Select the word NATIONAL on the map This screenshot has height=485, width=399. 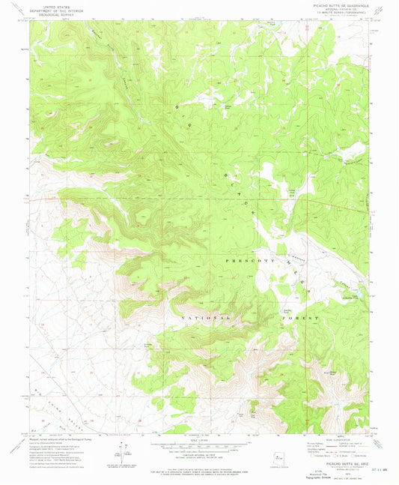click(x=201, y=319)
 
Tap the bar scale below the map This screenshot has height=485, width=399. click(x=200, y=446)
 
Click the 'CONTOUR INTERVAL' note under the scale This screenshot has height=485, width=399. click(x=200, y=454)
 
